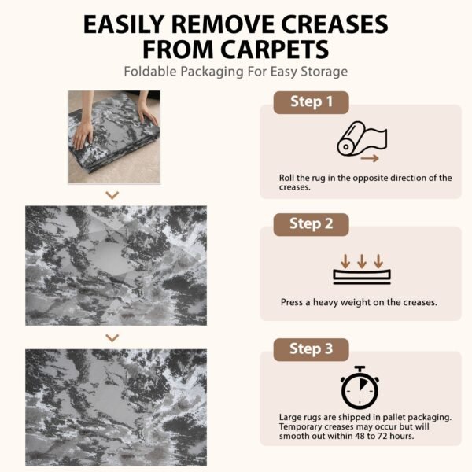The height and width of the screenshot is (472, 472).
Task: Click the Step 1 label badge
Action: click(311, 102)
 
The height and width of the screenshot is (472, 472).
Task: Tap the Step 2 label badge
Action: click(311, 224)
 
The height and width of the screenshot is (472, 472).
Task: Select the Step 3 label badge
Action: click(311, 349)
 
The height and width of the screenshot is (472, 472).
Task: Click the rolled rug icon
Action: click(362, 138)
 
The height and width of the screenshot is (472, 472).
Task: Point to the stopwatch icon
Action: click(360, 388)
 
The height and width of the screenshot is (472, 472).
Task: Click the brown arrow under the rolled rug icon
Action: click(370, 158)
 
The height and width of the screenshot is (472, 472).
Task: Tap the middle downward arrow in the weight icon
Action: click(362, 261)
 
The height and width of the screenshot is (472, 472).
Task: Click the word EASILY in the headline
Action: click(124, 24)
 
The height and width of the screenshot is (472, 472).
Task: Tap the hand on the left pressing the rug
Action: click(83, 135)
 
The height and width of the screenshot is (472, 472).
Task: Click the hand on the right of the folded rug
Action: click(147, 113)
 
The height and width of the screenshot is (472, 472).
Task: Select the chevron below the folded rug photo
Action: click(112, 195)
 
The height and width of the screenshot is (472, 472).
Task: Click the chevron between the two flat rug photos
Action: click(112, 337)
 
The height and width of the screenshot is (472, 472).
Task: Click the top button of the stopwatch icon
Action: click(360, 368)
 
